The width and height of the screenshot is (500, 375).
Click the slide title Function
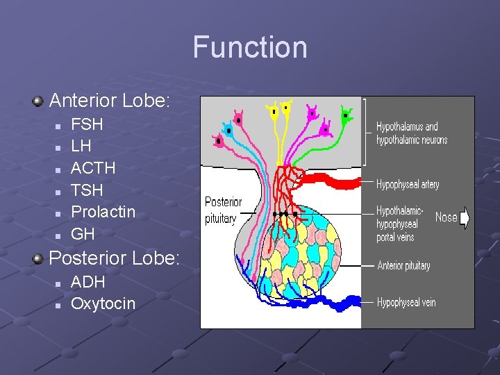tap(250, 47)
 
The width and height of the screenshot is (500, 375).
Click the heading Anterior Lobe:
tap(109, 100)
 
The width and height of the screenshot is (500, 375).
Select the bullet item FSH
tap(87, 125)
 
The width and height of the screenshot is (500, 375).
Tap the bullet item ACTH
tap(93, 168)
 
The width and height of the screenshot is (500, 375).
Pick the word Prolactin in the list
tap(103, 212)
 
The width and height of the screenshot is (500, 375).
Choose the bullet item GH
tap(83, 233)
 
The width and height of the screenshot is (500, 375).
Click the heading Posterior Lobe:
tap(114, 258)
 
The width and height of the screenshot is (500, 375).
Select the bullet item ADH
tap(88, 282)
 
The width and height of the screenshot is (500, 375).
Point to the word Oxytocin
tap(103, 303)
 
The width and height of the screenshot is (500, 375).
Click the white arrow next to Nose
tap(465, 218)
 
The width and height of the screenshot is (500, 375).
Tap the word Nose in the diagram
tap(446, 217)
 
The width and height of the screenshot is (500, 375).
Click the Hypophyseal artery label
tap(408, 185)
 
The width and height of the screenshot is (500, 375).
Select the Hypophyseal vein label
tap(406, 302)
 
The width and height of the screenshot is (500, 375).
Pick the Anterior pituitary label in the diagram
tap(403, 265)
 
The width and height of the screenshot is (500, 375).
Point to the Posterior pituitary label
tap(223, 210)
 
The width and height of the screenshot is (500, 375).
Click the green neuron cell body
tap(345, 116)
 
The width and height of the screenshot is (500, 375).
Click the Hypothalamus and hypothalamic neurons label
tap(412, 133)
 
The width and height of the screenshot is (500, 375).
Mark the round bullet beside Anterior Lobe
tap(37, 101)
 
